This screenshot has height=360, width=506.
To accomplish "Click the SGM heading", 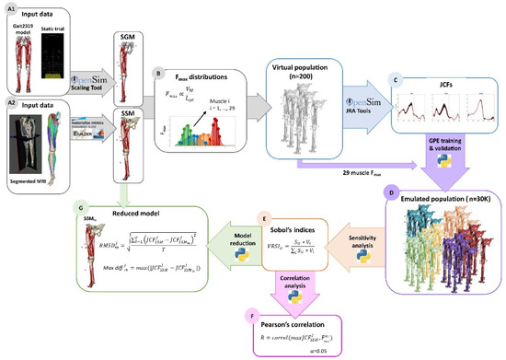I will tap(129, 35).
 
